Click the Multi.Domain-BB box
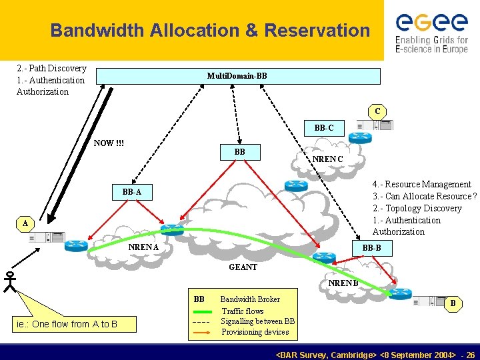tap(237, 76)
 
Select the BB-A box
tap(132, 192)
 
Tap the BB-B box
tap(372, 248)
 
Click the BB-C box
tap(324, 127)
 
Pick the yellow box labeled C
tap(377, 111)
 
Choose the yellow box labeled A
tap(24, 223)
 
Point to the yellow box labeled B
tap(453, 304)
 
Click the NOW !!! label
tap(109, 143)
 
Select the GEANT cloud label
tap(243, 267)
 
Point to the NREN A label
tap(144, 248)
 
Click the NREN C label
tap(329, 159)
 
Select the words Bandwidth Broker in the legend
tap(250, 299)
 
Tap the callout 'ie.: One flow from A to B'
tap(66, 324)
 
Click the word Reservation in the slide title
tap(317, 31)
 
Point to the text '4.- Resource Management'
tap(422, 184)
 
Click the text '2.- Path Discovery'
tap(51, 68)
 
